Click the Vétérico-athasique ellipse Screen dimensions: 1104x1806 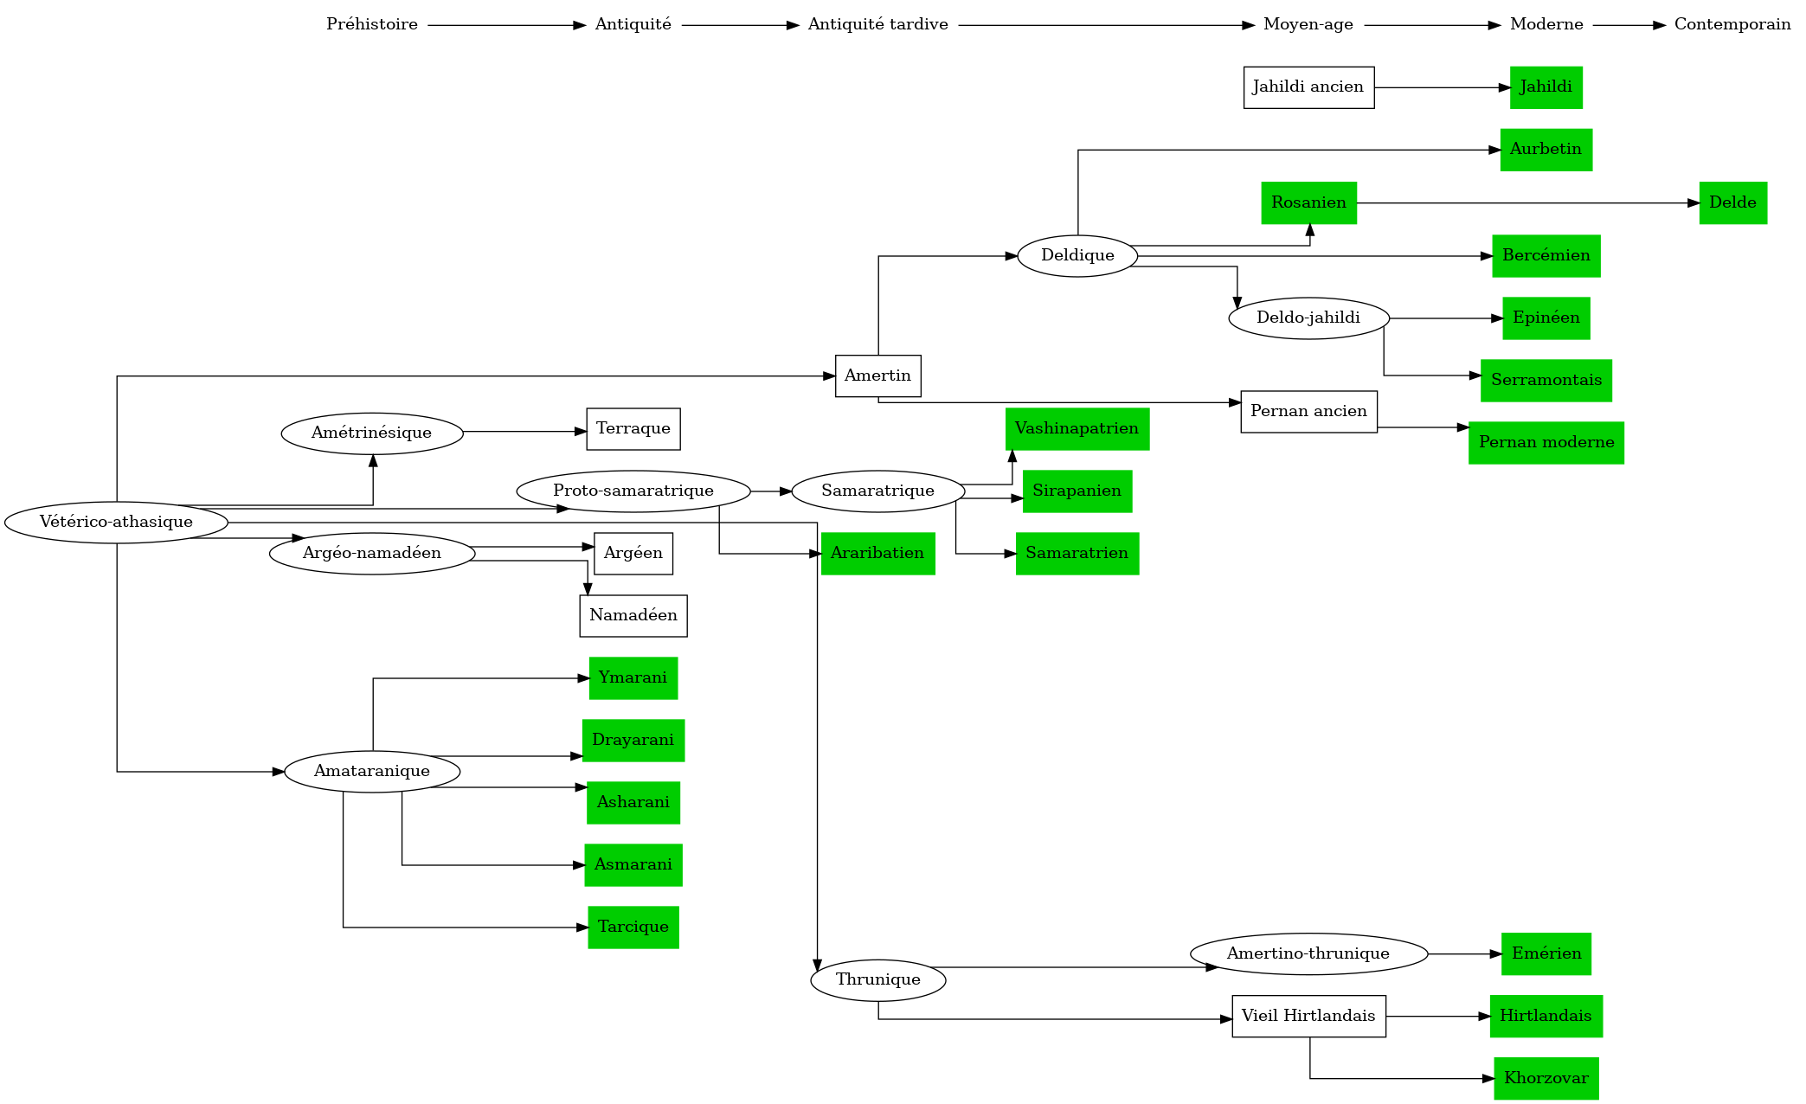[x=116, y=522]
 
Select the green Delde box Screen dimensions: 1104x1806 [x=1732, y=202]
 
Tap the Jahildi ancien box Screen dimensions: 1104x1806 [x=1308, y=87]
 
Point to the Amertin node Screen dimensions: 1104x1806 [x=877, y=375]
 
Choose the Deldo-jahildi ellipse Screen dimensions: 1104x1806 [x=1308, y=318]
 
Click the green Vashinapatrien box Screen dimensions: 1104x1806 [x=1077, y=428]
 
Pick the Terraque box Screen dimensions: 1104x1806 [x=633, y=428]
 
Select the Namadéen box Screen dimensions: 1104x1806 [x=633, y=615]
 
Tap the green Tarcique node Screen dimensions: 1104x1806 [x=633, y=927]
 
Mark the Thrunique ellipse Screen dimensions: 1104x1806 [x=877, y=979]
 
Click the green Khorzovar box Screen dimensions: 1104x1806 [x=1546, y=1078]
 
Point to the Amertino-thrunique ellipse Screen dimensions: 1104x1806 [x=1308, y=953]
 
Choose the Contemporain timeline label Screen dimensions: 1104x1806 [x=1732, y=24]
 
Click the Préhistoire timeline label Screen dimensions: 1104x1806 [x=371, y=24]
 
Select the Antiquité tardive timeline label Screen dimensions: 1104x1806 [x=877, y=24]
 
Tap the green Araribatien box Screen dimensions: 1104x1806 [x=877, y=553]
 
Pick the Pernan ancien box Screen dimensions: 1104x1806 [x=1308, y=411]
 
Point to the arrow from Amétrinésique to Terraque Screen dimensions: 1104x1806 [x=524, y=431]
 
